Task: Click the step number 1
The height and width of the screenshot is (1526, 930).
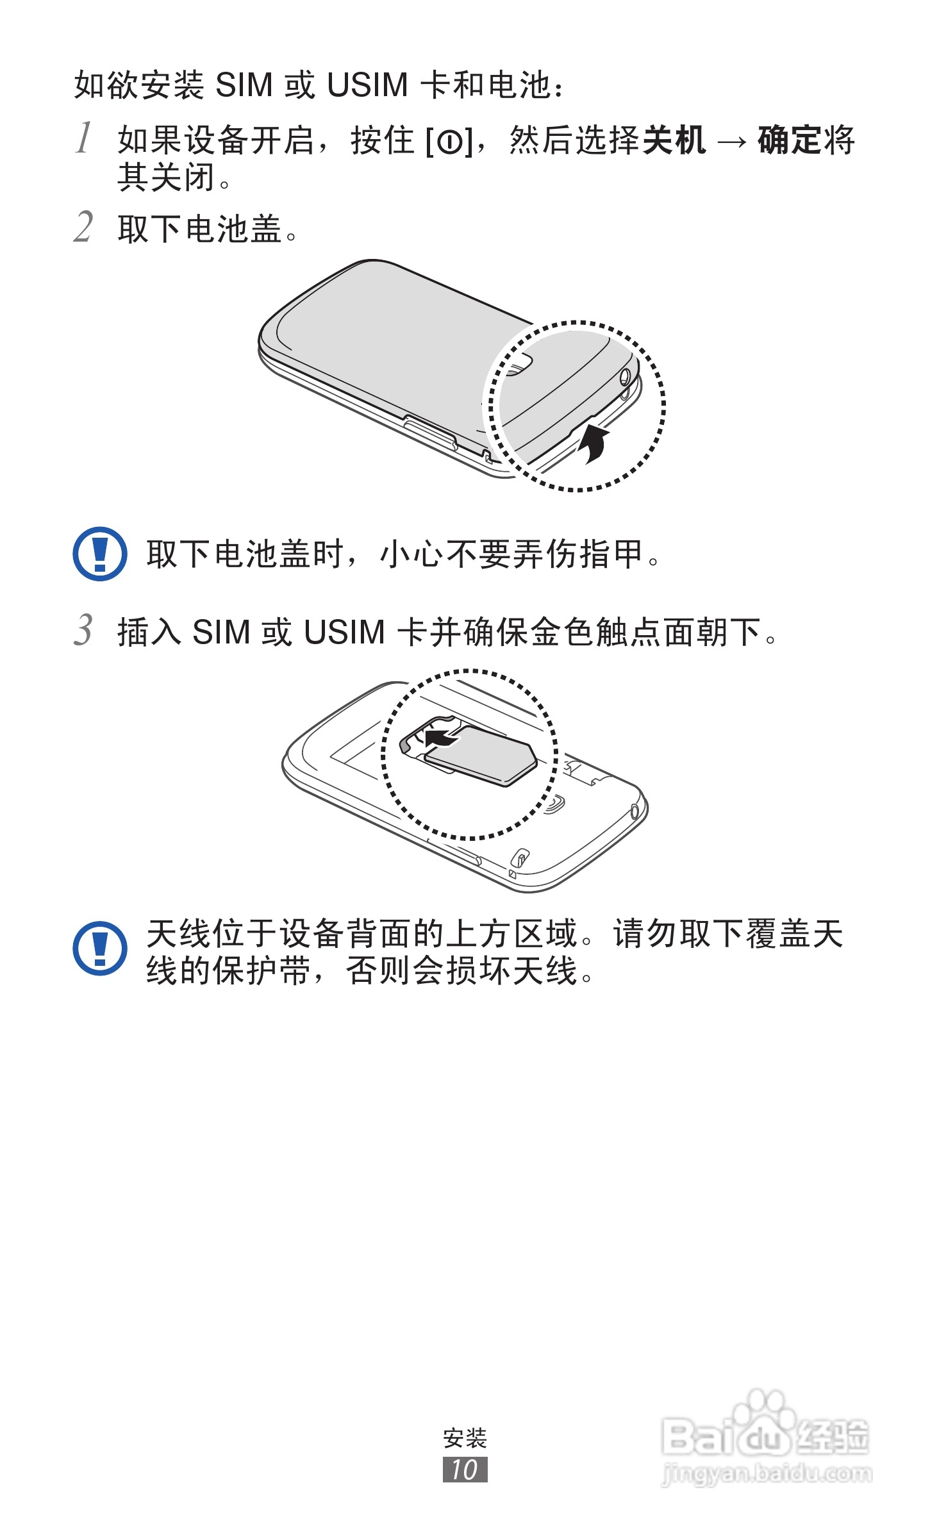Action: click(84, 138)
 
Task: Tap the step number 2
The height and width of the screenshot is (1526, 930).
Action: click(83, 227)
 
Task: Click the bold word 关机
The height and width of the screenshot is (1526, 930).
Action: click(674, 140)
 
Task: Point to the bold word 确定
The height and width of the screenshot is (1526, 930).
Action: click(789, 140)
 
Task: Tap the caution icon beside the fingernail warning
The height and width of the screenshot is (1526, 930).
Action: click(100, 554)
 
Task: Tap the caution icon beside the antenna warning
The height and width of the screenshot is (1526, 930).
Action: click(100, 948)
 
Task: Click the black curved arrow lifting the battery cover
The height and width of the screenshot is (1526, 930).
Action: click(594, 442)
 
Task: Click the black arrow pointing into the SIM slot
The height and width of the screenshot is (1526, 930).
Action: click(441, 738)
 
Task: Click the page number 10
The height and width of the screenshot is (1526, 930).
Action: click(465, 1470)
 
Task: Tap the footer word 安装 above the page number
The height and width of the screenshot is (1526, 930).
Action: click(465, 1438)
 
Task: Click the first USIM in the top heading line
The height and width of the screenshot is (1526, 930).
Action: click(367, 85)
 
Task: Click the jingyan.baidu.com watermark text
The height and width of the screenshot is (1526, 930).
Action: click(767, 1474)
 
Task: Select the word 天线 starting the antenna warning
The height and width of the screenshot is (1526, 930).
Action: click(179, 934)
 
